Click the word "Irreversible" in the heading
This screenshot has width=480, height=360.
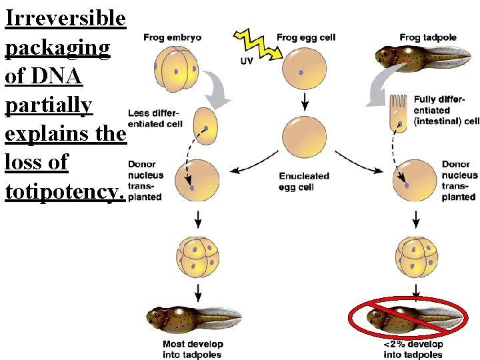[65, 18]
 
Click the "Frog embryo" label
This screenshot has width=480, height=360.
[172, 37]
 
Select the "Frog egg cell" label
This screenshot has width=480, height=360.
[306, 37]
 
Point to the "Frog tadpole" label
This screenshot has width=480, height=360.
[428, 37]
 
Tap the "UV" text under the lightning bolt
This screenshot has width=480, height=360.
[247, 61]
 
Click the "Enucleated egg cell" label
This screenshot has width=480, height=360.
[305, 181]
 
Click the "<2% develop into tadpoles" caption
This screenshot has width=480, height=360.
[413, 349]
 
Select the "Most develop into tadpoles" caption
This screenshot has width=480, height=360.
[193, 349]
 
